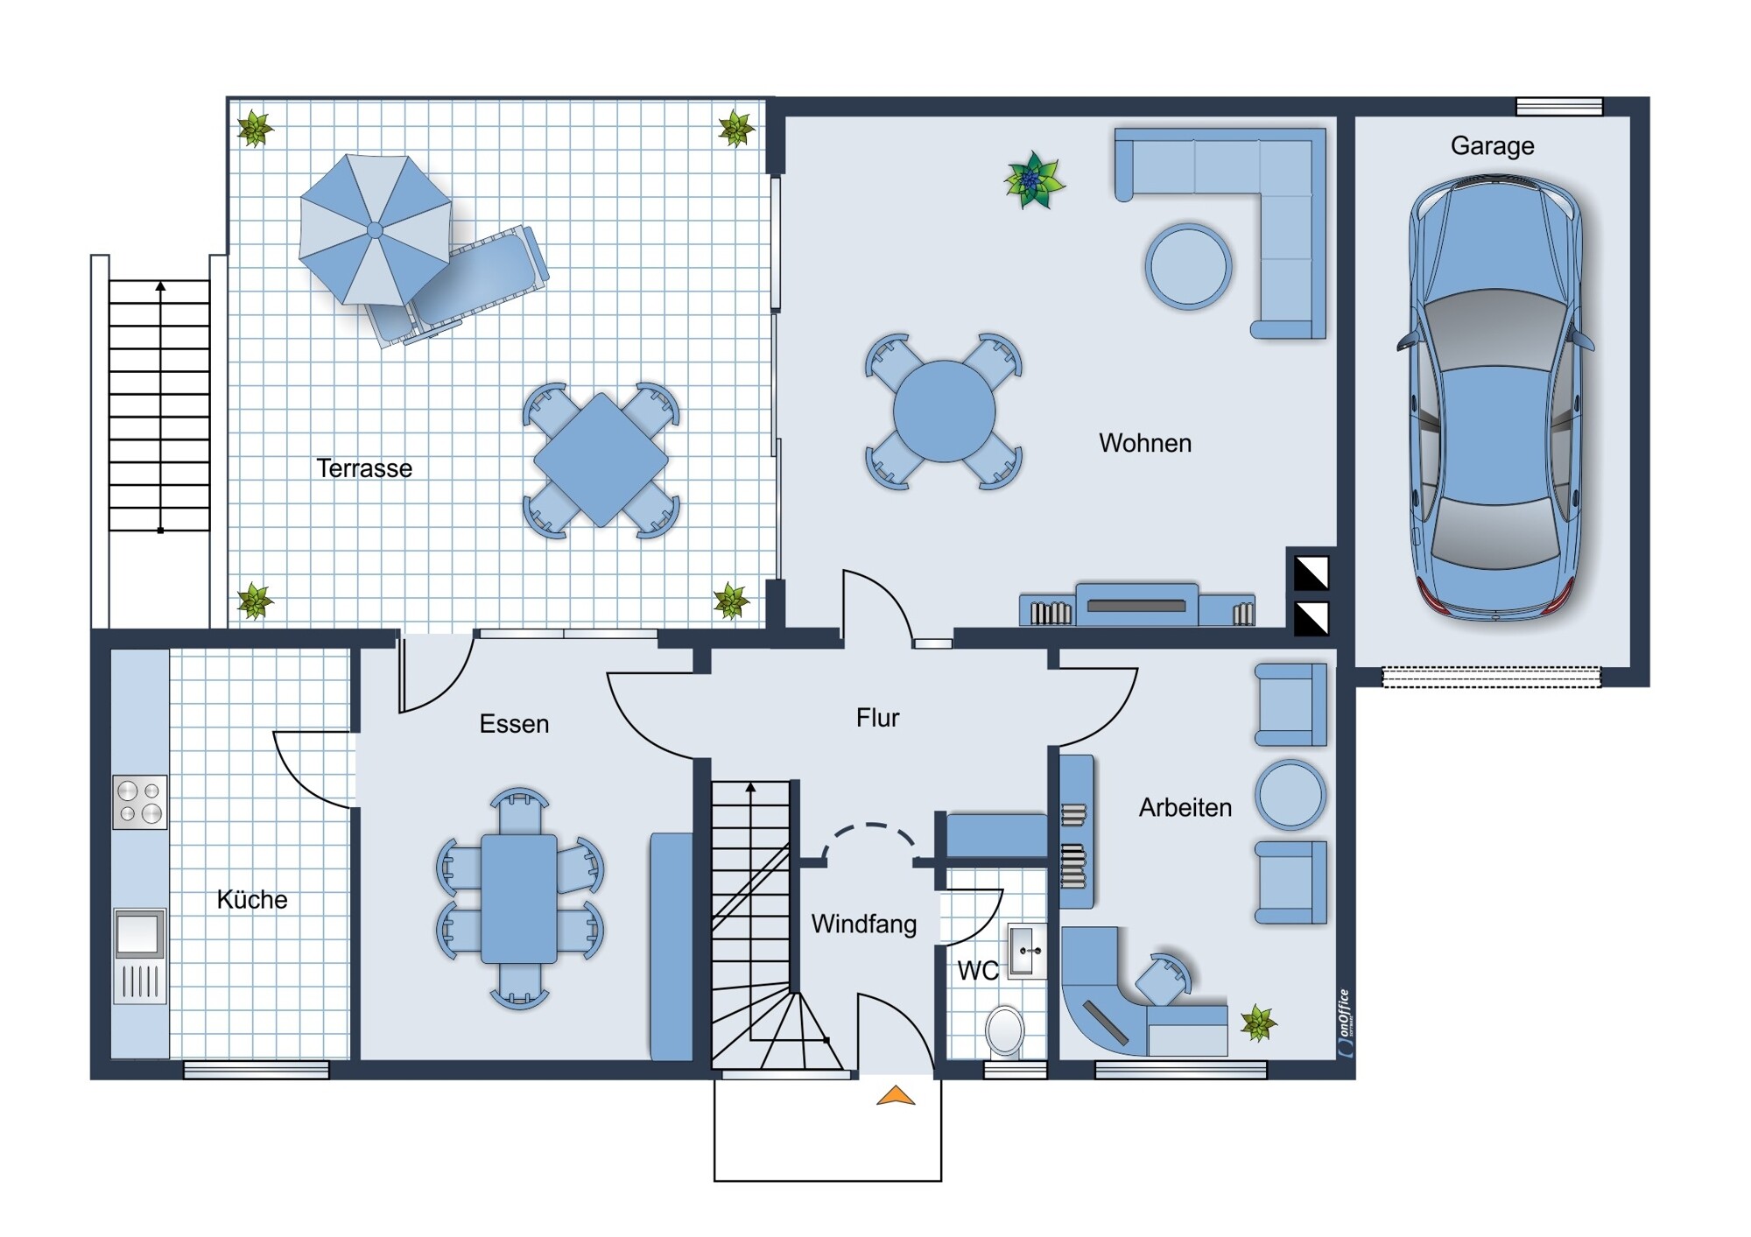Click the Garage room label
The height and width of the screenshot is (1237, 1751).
coord(1492,145)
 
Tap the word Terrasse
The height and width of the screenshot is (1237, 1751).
coord(364,468)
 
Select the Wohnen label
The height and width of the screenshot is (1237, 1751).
coord(1145,443)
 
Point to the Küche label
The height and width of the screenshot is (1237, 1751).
coord(252,899)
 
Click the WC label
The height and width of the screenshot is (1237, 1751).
coord(977,970)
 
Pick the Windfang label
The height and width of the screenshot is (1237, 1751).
coord(864,924)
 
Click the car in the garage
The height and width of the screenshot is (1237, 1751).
coord(1495,398)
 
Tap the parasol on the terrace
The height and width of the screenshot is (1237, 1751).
coord(376,230)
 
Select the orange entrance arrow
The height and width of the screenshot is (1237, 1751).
coord(896,1095)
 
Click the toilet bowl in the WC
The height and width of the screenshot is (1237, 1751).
coord(1005,1031)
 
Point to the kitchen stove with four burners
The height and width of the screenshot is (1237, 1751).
coord(140,802)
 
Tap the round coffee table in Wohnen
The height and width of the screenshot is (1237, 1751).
coord(1188,266)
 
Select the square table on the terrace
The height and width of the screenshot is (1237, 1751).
coord(601,460)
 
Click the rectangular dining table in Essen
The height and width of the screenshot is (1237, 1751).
coord(519,899)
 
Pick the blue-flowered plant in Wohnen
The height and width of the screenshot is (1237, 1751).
coord(1033,180)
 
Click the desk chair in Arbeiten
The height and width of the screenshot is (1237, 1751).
coord(1165,979)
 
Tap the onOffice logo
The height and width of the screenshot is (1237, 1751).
coord(1347,1023)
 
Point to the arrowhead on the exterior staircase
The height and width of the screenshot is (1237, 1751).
coord(160,286)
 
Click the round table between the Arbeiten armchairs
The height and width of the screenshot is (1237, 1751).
coord(1290,795)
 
